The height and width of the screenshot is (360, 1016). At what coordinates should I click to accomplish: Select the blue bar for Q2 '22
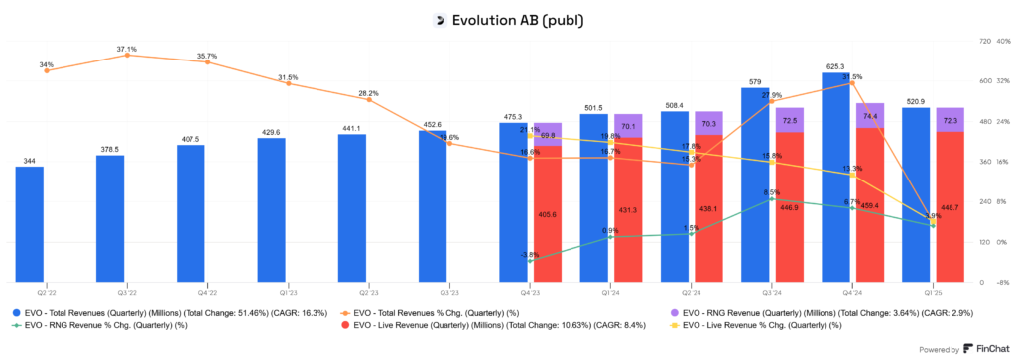30,224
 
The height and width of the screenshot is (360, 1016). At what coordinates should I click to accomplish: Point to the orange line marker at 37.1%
127,56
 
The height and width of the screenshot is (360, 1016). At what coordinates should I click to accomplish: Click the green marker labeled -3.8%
531,261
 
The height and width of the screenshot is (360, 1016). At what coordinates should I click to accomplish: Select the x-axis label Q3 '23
449,294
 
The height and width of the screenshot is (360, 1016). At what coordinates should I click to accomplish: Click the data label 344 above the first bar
30,161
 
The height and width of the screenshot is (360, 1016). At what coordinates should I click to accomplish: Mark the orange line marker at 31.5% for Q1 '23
288,83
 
